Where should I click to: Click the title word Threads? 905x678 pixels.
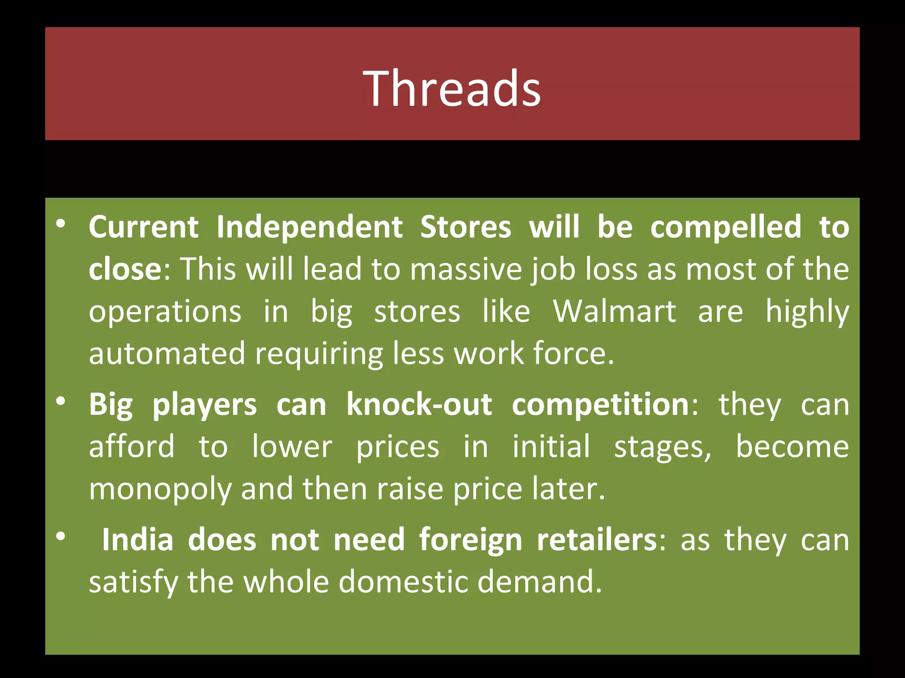click(x=452, y=88)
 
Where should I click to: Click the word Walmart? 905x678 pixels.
click(x=614, y=312)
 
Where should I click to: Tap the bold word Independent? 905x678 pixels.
click(x=309, y=227)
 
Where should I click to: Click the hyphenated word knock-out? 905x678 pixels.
click(x=419, y=404)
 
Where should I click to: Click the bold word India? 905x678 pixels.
click(x=137, y=539)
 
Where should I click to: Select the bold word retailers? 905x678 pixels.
click(x=597, y=539)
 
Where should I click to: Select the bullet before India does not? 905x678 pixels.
click(x=61, y=536)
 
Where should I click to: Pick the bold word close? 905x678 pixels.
click(x=125, y=269)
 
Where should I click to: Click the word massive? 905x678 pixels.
click(x=466, y=269)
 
